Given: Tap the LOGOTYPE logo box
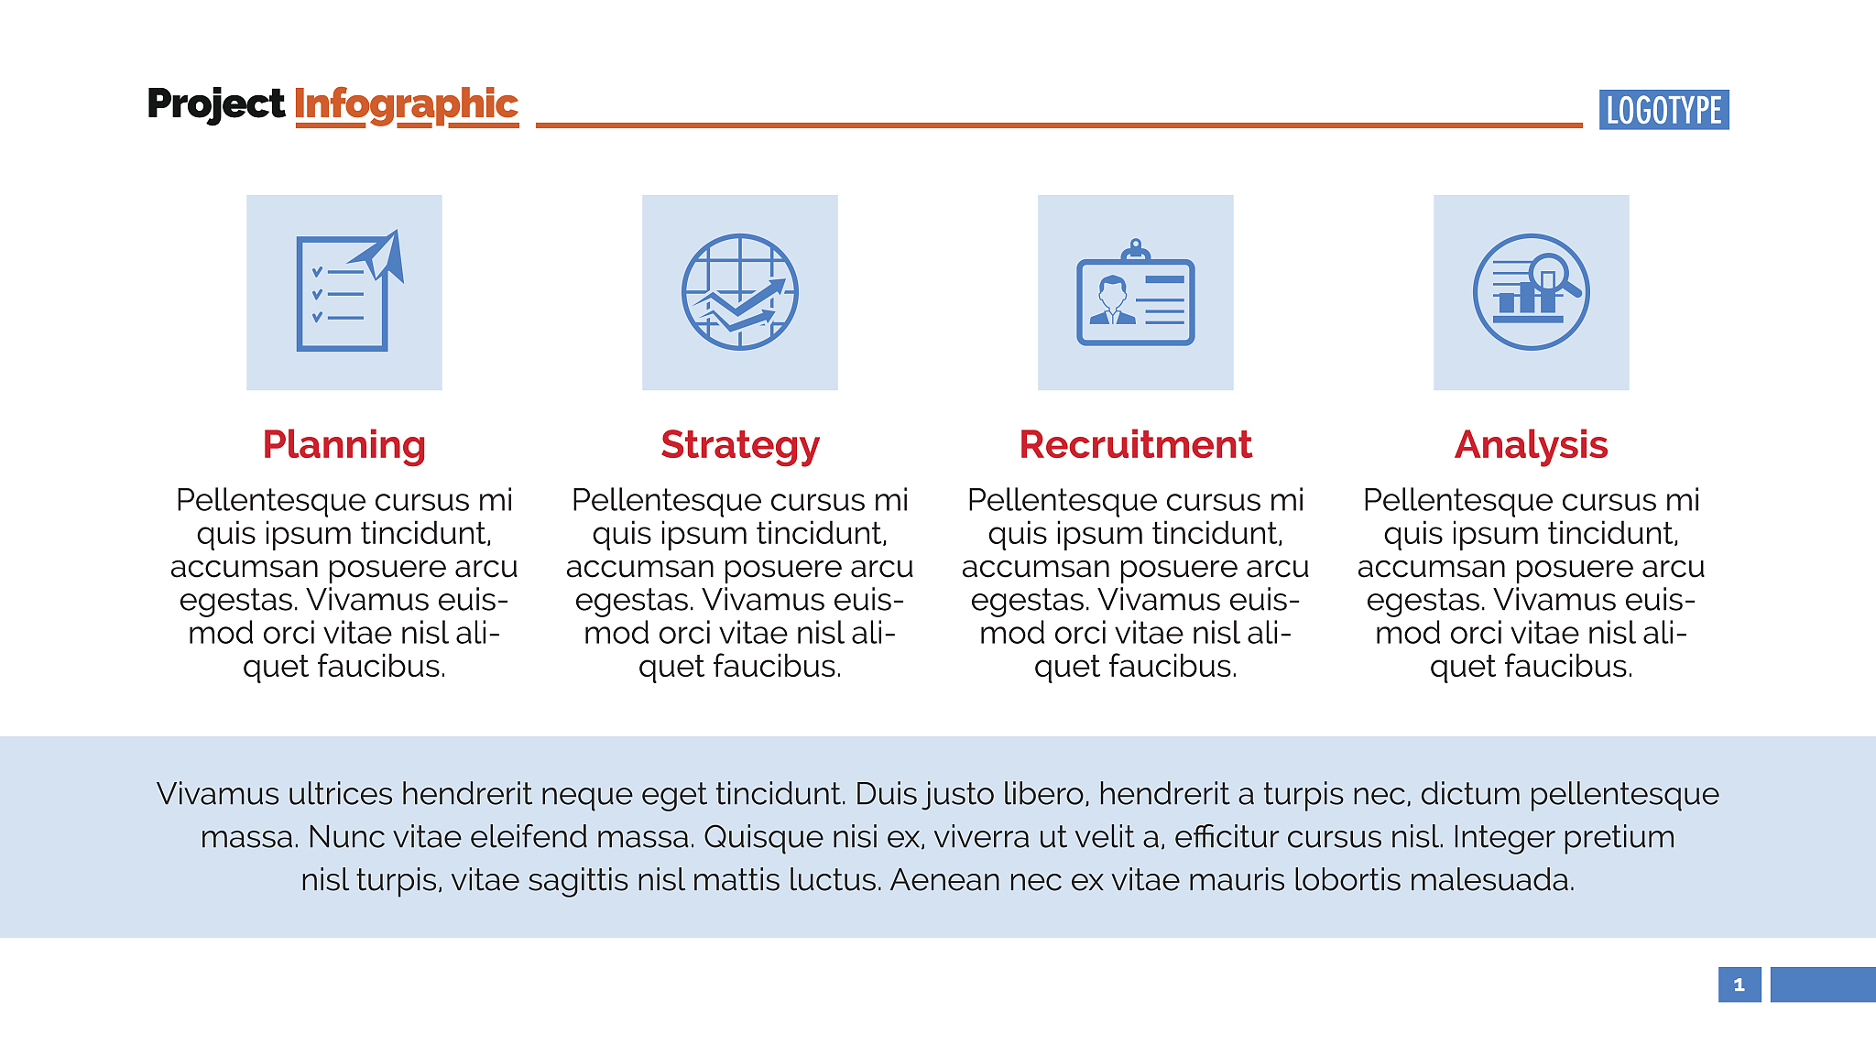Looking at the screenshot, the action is coord(1663,110).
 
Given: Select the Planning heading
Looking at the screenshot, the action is coord(344,445).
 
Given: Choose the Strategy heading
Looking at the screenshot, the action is coord(740,445).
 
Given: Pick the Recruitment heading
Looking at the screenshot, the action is coord(1136,444).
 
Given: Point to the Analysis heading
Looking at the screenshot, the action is coord(1532,445).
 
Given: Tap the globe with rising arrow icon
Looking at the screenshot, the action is coord(740,292).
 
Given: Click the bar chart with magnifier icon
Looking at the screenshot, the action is coord(1532,292).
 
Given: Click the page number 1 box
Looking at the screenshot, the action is coord(1740,984).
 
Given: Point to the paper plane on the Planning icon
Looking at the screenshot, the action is coord(379,256).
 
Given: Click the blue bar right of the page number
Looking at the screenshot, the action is coord(1823,984).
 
